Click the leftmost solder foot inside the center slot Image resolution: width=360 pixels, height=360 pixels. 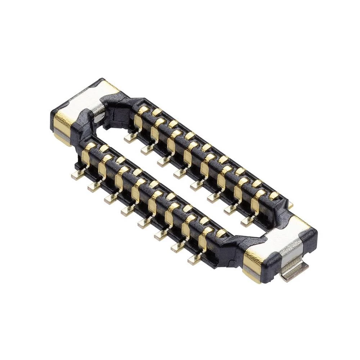tap(130, 138)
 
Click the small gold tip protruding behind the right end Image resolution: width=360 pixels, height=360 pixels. tap(290, 205)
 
